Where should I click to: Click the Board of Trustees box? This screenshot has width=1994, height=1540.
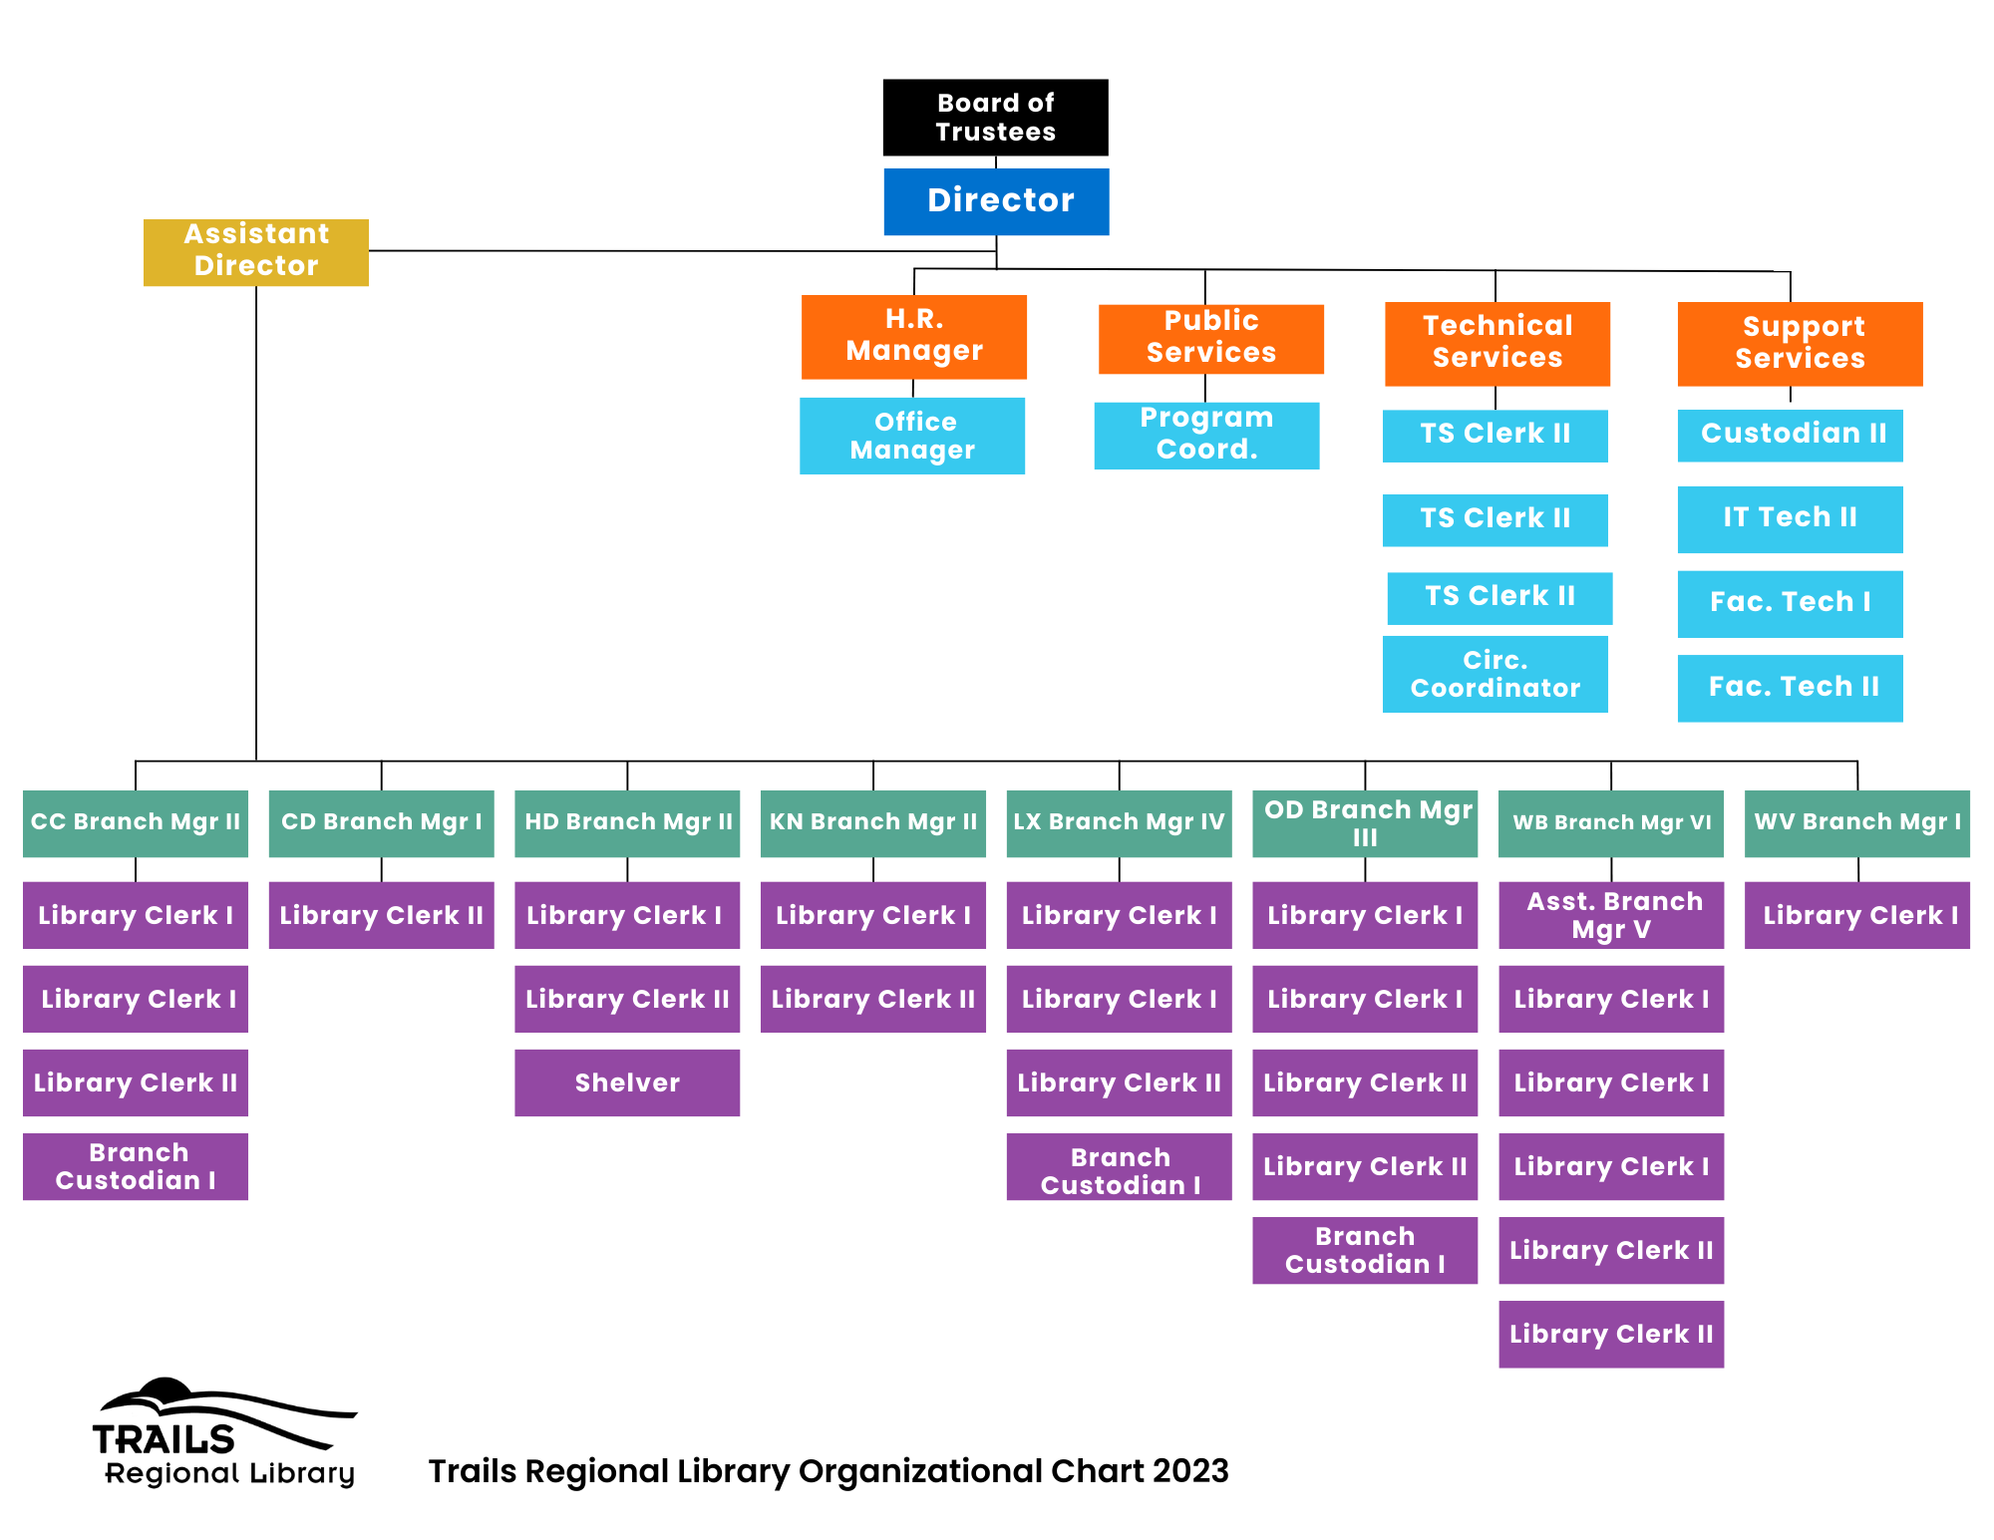pos(995,118)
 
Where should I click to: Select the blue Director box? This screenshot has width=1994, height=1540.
pos(996,201)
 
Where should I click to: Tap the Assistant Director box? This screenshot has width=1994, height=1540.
pos(256,252)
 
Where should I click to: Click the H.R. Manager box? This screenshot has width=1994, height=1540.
pos(914,337)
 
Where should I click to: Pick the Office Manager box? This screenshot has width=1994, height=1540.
pos(912,436)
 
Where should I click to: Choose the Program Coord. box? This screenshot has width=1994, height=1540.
pos(1206,436)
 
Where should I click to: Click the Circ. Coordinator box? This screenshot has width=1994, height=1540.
pos(1495,674)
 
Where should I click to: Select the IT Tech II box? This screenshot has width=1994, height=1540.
pos(1791,519)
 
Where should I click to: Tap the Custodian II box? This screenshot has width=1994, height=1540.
pos(1791,436)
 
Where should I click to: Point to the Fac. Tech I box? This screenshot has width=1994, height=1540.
pos(1791,604)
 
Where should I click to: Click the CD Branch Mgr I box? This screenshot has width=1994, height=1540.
pos(382,823)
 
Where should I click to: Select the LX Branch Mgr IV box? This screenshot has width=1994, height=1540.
pos(1120,823)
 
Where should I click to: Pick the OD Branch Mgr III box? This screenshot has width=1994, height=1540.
pos(1365,823)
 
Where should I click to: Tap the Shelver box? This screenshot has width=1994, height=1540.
pos(627,1082)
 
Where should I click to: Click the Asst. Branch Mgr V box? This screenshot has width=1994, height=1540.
pos(1611,915)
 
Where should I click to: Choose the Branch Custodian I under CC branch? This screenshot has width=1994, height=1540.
pos(136,1166)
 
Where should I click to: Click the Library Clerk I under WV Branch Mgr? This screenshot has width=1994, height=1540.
pos(1857,915)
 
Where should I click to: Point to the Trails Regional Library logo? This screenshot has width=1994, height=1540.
pos(225,1433)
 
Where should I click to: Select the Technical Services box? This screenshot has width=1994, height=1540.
pos(1497,344)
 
